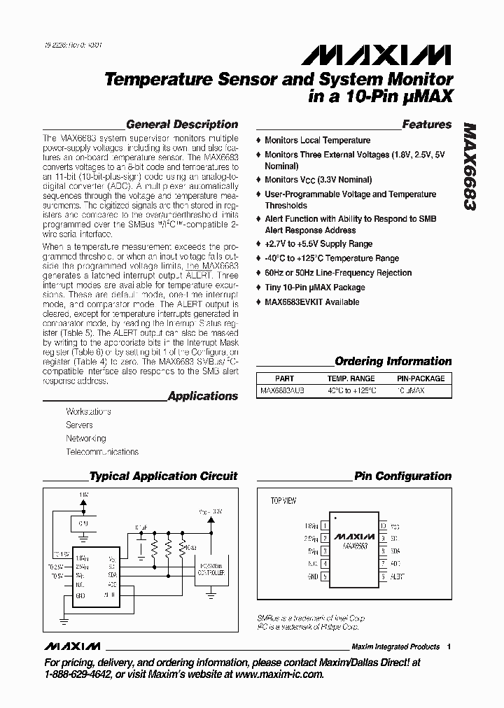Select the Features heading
click(x=427, y=125)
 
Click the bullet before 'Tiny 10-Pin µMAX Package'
click(x=260, y=288)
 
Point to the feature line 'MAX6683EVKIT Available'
click(x=311, y=302)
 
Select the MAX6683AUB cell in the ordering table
click(x=284, y=390)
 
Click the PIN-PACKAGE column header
click(x=421, y=378)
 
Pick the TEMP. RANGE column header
click(x=351, y=378)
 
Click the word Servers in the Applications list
click(x=79, y=425)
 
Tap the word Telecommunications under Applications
click(x=102, y=452)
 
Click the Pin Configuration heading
click(x=402, y=476)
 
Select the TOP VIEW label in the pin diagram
click(x=283, y=501)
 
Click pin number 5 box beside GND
click(x=325, y=576)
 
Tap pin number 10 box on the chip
click(x=382, y=525)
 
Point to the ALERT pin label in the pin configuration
click(x=397, y=576)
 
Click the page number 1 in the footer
click(x=449, y=646)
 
